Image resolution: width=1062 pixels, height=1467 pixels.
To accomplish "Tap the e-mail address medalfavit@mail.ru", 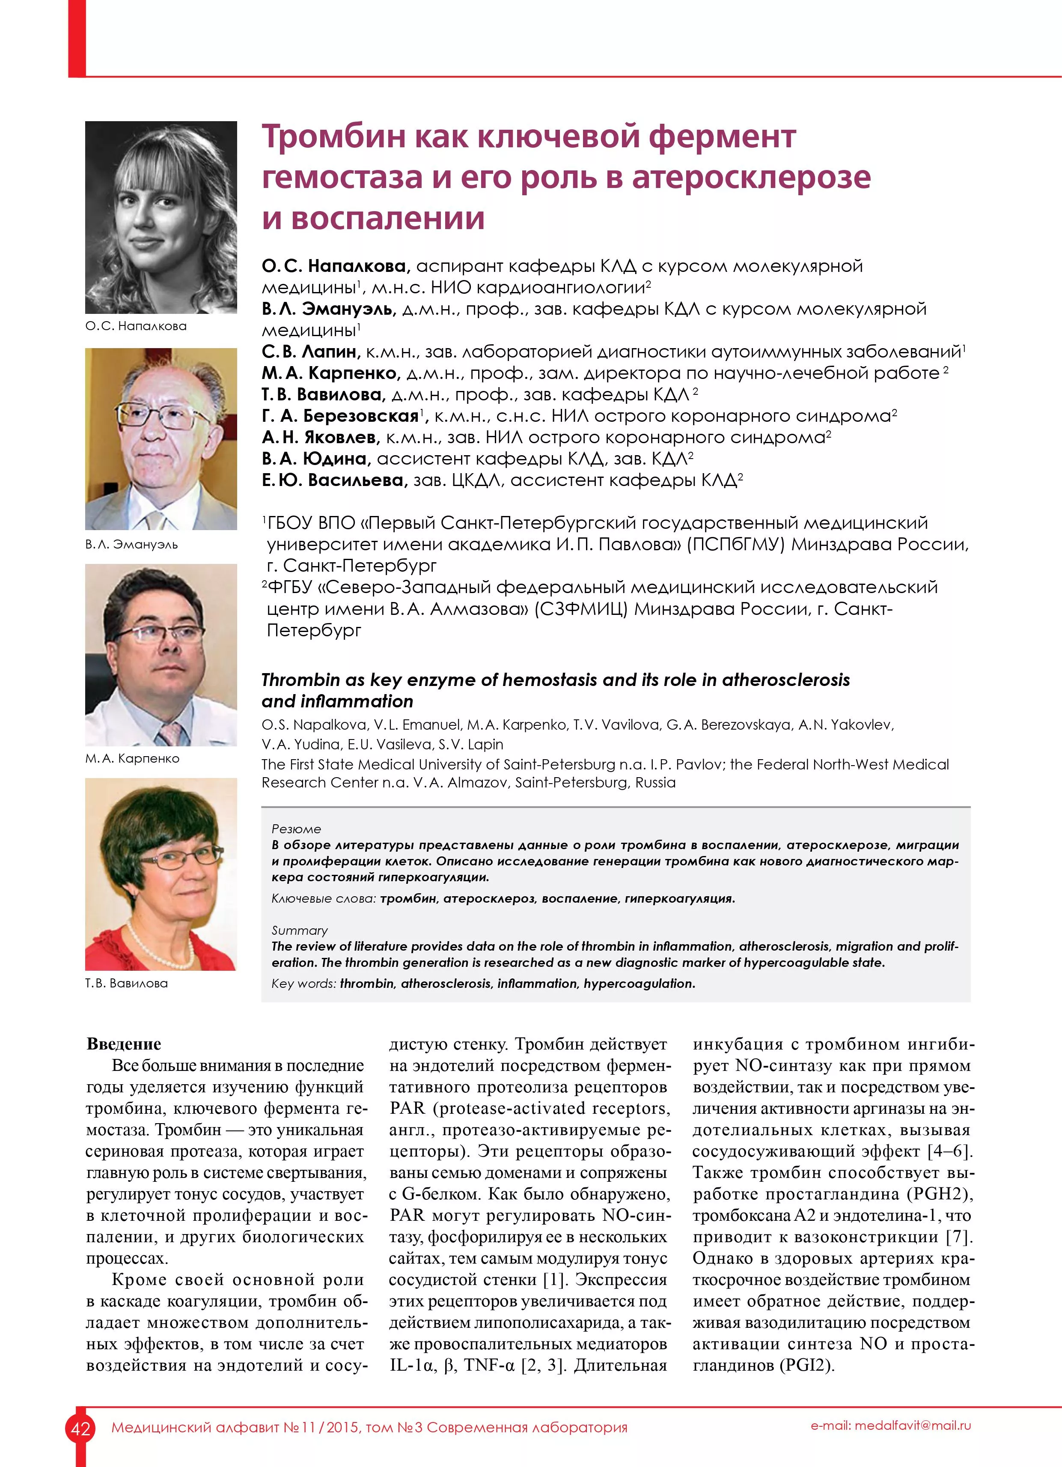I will (x=891, y=1425).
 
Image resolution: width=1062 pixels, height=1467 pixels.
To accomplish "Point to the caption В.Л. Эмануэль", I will (x=131, y=545).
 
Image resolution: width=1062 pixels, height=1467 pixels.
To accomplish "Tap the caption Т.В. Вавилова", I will (x=126, y=983).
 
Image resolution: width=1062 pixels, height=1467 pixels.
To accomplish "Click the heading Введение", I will (x=124, y=1044).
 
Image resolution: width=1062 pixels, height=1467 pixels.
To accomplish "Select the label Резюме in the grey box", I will (x=296, y=829).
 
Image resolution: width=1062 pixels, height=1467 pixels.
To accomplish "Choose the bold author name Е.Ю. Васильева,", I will (x=334, y=480).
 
